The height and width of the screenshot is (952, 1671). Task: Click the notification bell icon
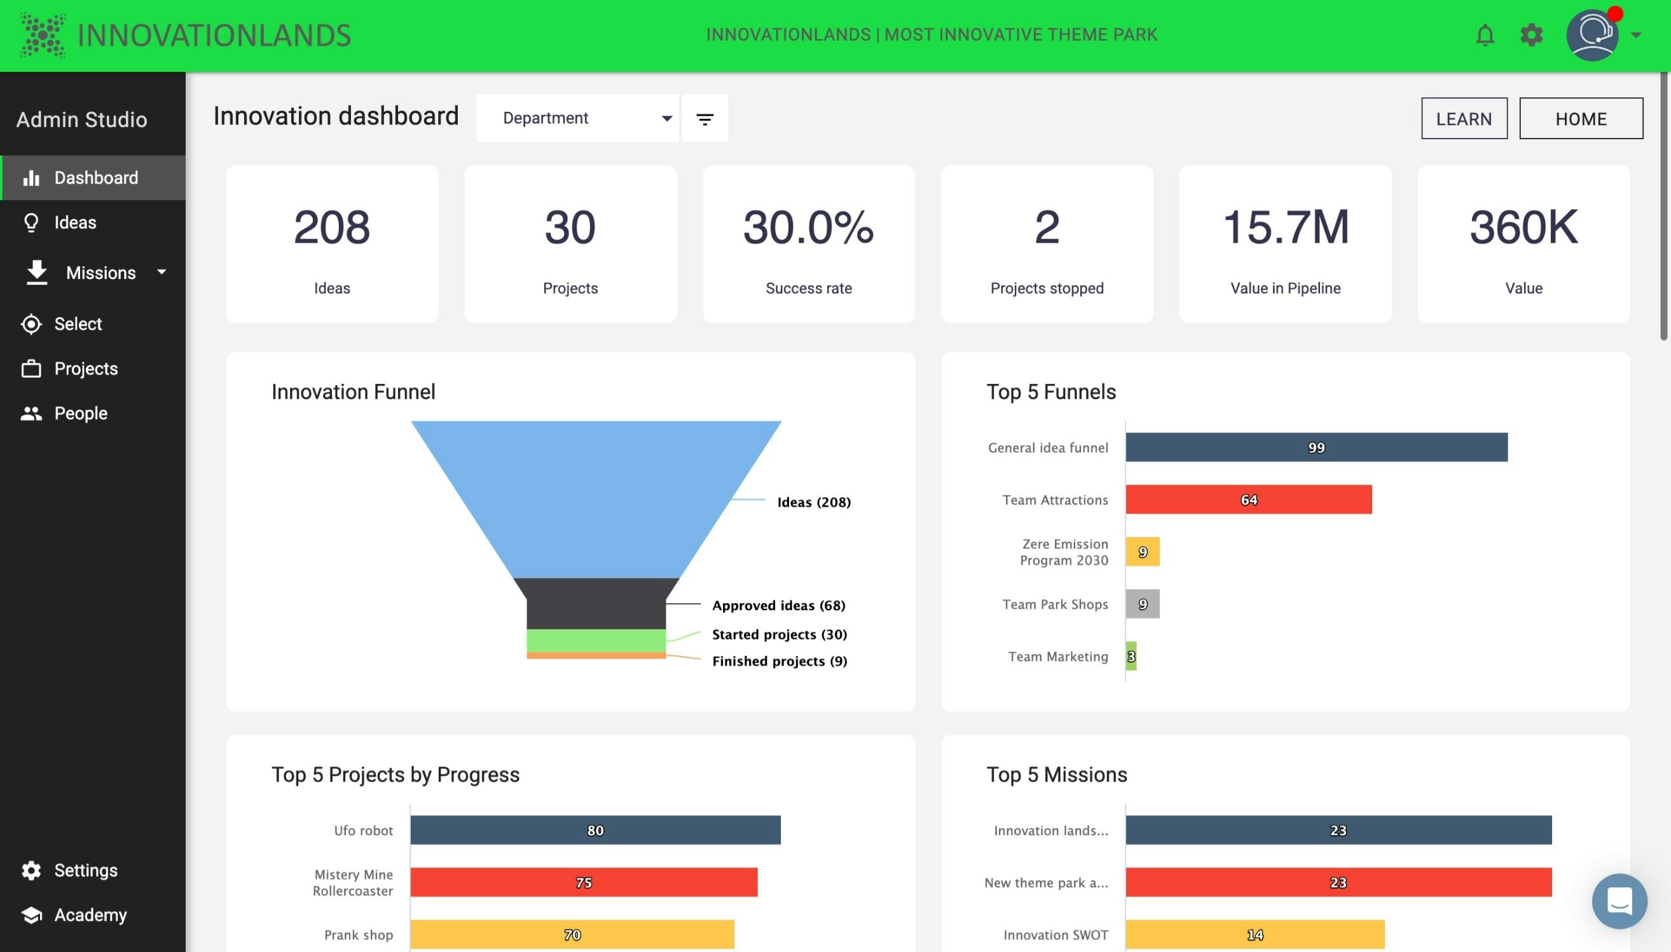click(1485, 35)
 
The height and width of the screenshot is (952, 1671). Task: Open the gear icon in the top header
click(1531, 35)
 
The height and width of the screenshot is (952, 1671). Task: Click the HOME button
click(1580, 118)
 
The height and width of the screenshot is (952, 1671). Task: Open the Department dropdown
click(577, 118)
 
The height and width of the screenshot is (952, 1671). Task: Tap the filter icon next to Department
click(705, 118)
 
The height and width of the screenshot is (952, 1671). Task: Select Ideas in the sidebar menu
click(74, 223)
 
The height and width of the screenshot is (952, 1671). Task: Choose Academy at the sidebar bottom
click(90, 915)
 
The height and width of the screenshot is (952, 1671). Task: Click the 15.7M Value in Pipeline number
click(1285, 228)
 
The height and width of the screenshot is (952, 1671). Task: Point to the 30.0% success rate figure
click(808, 228)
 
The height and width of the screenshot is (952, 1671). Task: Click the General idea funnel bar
click(1316, 447)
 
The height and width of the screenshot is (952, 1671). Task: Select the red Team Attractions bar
click(1248, 500)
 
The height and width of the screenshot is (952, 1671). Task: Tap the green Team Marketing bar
click(1131, 656)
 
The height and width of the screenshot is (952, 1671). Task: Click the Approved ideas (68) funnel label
click(778, 606)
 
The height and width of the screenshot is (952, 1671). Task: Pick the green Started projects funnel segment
click(596, 641)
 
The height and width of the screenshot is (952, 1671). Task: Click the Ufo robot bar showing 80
click(595, 831)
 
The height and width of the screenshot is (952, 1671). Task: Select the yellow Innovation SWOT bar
click(1255, 935)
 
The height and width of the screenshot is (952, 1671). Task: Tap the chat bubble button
click(1619, 901)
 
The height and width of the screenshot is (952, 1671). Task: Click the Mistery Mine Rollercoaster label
click(353, 883)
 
